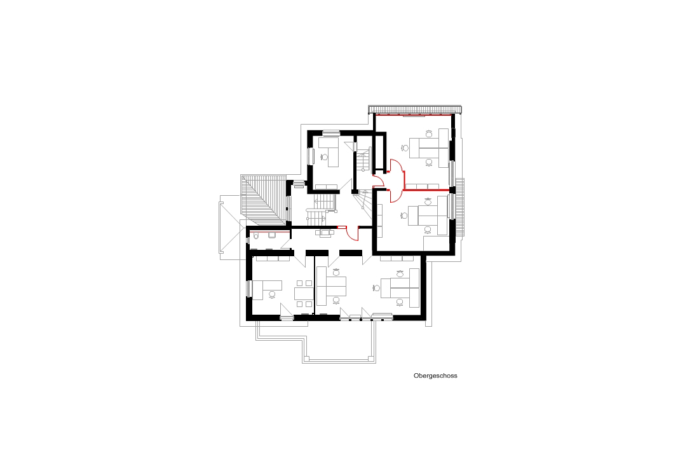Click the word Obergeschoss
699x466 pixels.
pos(435,376)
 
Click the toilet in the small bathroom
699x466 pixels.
pos(256,236)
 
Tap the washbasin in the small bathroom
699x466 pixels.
pos(272,235)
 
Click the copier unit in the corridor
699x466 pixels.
pos(325,233)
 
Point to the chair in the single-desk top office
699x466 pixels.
pos(324,156)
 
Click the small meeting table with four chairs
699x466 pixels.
pos(304,294)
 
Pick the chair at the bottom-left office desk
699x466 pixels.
pos(272,294)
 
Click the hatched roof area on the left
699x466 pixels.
pos(263,200)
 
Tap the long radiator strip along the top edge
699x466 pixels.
pos(414,109)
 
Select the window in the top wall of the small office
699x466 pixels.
pos(331,132)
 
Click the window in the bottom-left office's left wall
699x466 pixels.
pos(250,289)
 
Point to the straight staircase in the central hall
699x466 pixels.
pos(320,210)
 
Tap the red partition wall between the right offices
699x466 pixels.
pos(426,190)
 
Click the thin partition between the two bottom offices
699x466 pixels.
pos(315,284)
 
